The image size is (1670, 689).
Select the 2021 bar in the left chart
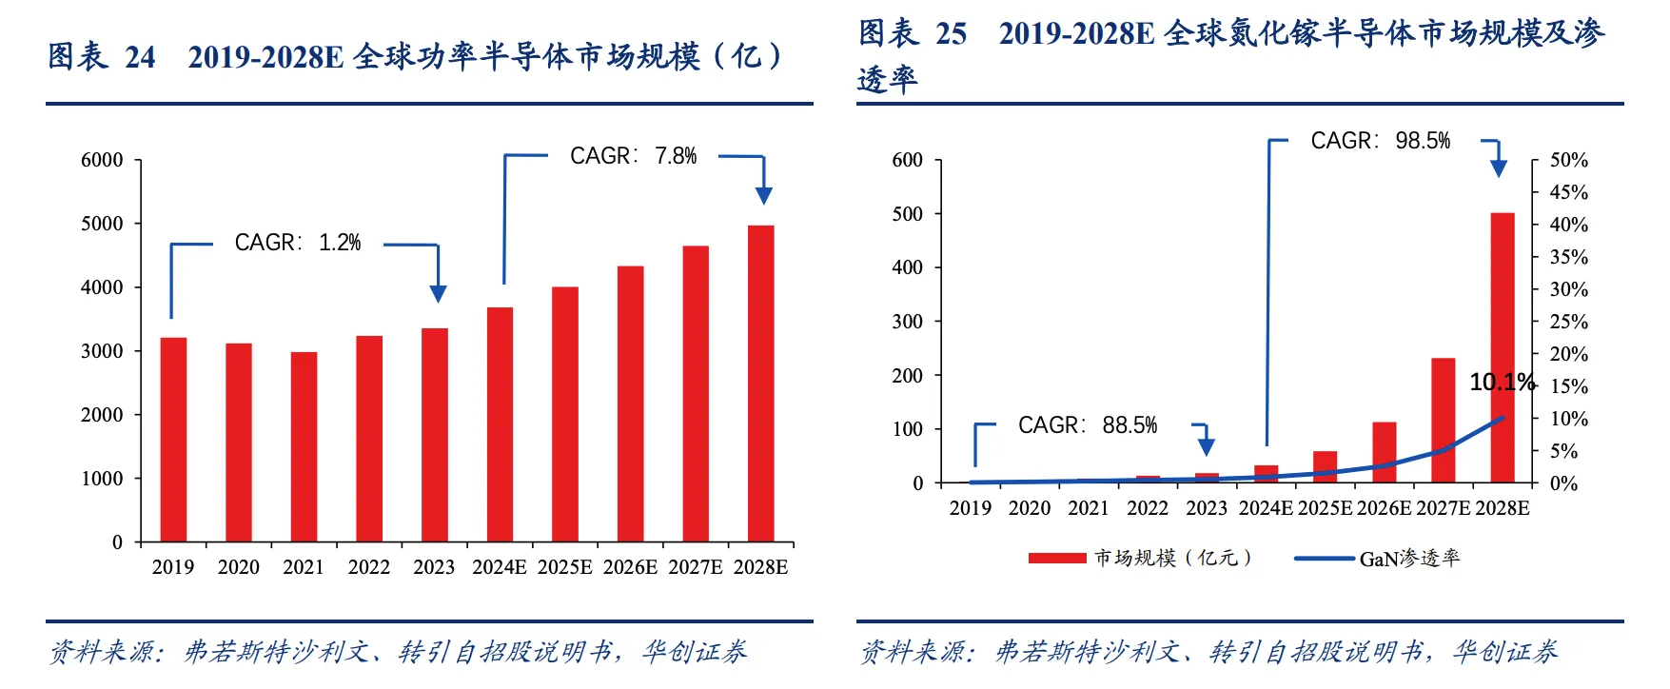[x=304, y=447]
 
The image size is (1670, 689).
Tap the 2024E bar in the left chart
[x=500, y=424]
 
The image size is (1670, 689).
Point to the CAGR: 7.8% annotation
[x=633, y=156]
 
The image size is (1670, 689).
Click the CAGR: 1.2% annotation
[x=298, y=244]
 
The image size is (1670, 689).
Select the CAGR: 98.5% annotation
[x=1380, y=141]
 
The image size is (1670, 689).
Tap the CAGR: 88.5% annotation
[x=1087, y=425]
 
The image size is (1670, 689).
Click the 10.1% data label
[x=1503, y=383]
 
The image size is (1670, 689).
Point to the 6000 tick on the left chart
[x=102, y=160]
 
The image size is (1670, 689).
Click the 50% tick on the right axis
[x=1568, y=160]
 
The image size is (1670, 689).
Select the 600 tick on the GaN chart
[x=907, y=160]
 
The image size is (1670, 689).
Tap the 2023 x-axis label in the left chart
[x=434, y=567]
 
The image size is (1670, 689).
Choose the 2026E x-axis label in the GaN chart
[x=1384, y=508]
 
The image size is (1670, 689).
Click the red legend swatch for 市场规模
[x=1056, y=559]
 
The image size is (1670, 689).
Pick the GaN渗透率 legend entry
[x=1408, y=559]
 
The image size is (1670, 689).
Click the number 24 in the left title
[x=140, y=57]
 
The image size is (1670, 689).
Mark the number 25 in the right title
[x=951, y=34]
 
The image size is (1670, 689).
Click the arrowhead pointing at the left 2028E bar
[x=763, y=195]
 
